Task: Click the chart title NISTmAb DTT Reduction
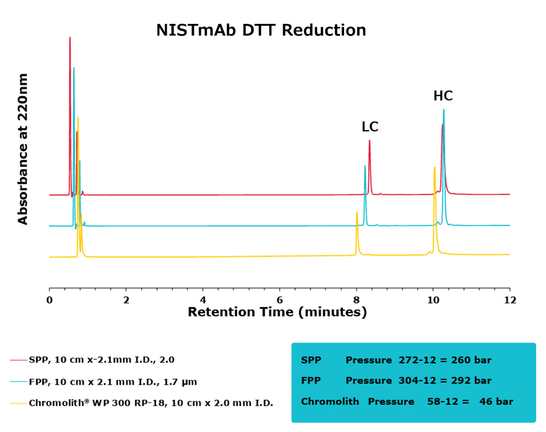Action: tap(261, 30)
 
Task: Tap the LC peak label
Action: tap(370, 127)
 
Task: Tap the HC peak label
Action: tap(443, 96)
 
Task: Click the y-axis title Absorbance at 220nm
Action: tap(23, 149)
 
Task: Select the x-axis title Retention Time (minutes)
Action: tap(277, 312)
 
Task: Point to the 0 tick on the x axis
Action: tap(49, 300)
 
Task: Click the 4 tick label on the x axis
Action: tap(203, 300)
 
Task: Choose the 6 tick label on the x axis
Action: tap(280, 300)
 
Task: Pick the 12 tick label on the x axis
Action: tap(510, 300)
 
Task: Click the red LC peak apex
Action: tap(370, 141)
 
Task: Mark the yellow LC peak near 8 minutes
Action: tap(357, 213)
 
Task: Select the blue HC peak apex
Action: tap(444, 110)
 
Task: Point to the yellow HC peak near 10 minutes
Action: tap(435, 168)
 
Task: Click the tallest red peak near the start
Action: tap(70, 38)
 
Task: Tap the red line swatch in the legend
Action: tap(18, 360)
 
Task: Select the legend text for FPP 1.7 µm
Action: tap(112, 381)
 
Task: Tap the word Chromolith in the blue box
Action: tap(330, 401)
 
